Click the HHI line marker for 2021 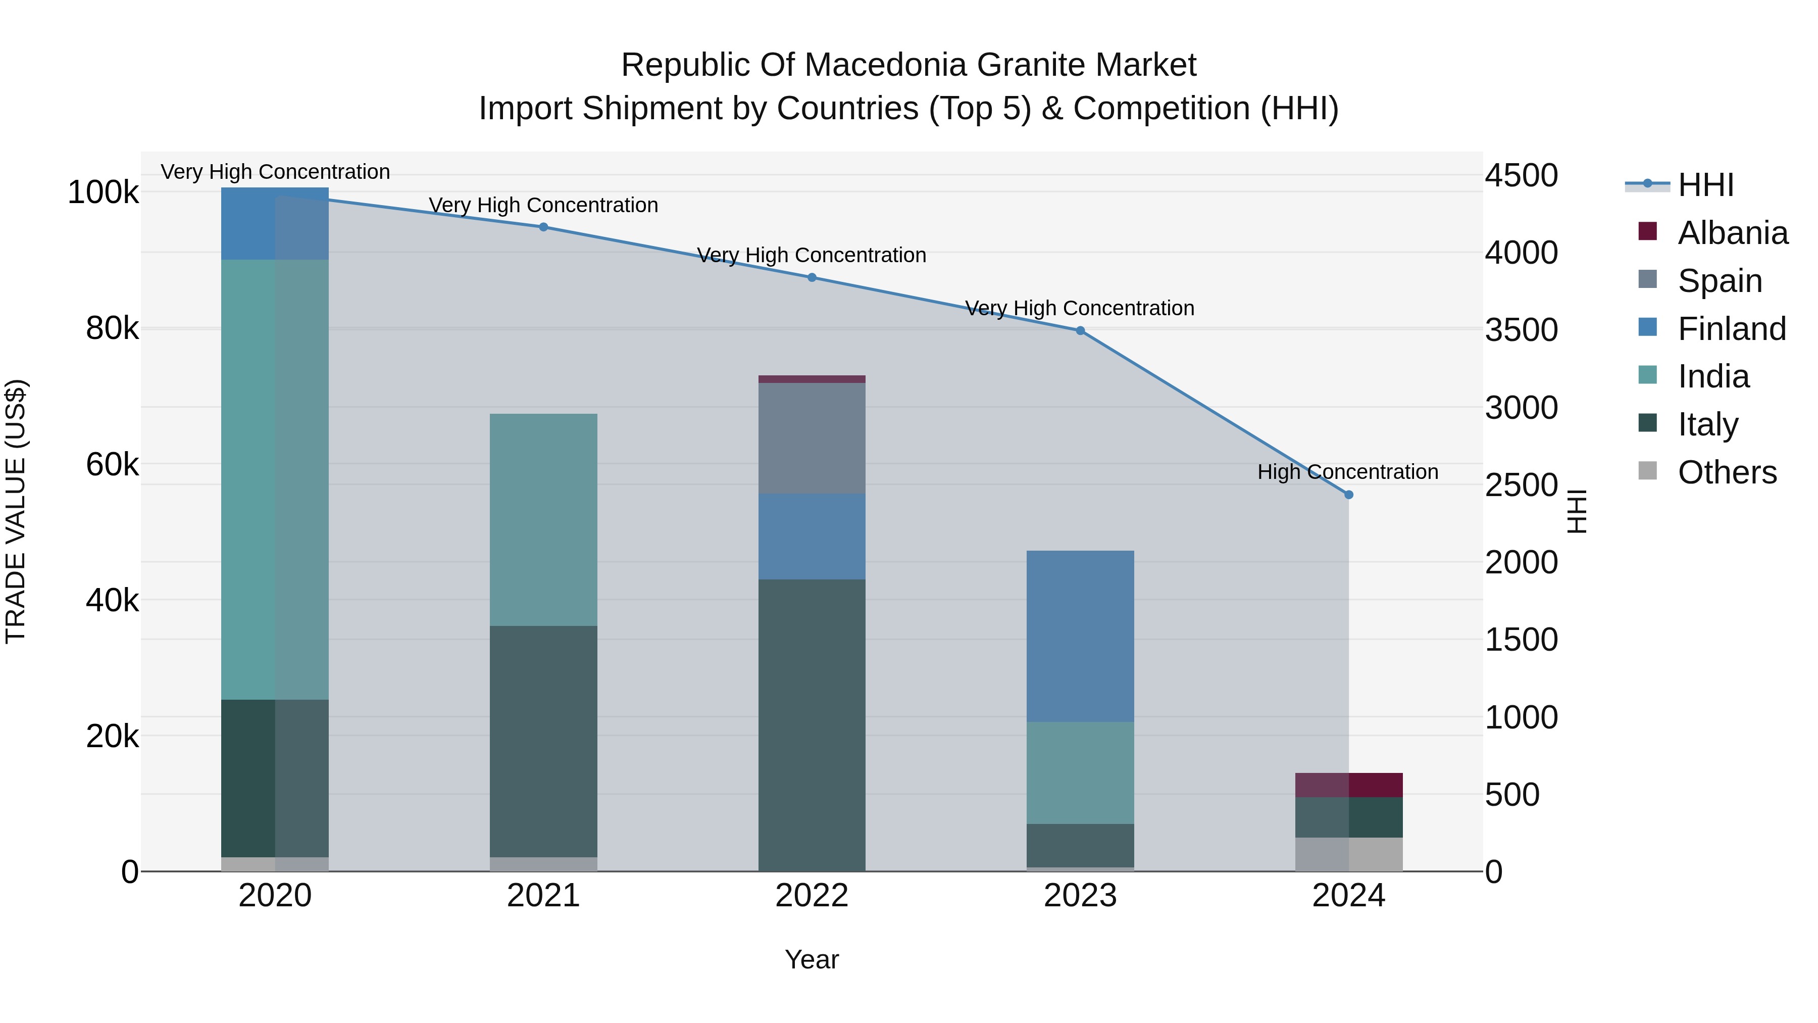[543, 227]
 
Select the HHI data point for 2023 [1080, 330]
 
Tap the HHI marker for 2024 [1348, 495]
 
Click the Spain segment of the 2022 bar [812, 437]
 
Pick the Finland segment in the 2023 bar [1080, 636]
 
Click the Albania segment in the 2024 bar [1348, 785]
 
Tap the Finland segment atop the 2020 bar [275, 223]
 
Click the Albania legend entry [1732, 233]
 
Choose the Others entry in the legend [1726, 472]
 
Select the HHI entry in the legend [1705, 185]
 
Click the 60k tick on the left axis [112, 465]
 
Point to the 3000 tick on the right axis [1521, 408]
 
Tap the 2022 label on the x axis [812, 896]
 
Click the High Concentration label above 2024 [1347, 472]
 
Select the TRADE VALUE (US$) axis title [16, 511]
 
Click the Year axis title [812, 959]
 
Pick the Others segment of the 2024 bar [1348, 854]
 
